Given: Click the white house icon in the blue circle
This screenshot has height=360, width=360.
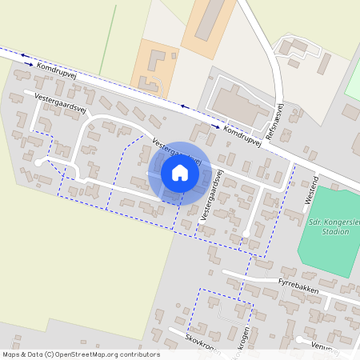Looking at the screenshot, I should tap(180, 173).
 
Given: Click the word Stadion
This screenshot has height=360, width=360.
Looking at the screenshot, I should tap(332, 231).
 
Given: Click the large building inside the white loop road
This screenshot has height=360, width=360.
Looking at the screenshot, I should tap(235, 103).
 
